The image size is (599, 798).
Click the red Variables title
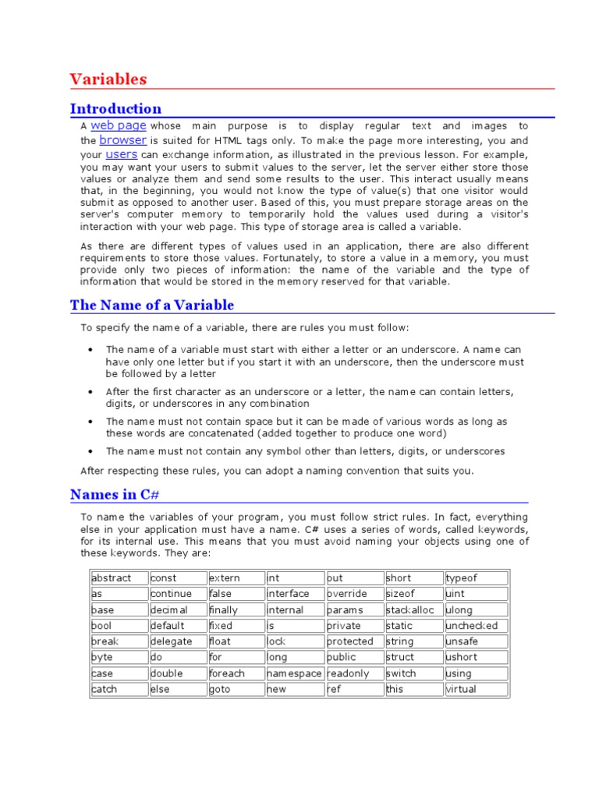click(108, 79)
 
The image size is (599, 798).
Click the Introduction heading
click(115, 109)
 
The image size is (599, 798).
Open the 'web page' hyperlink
click(119, 125)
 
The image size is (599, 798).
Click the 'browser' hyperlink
click(123, 140)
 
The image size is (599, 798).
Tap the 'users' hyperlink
click(122, 155)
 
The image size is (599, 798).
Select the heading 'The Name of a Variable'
click(151, 305)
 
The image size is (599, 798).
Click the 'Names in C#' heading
click(115, 495)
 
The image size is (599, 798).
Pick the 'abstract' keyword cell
click(119, 578)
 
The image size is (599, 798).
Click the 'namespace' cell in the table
click(294, 673)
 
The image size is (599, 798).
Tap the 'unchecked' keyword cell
click(476, 626)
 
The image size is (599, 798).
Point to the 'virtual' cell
click(476, 690)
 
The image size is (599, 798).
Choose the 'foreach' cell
click(236, 673)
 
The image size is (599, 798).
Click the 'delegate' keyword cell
click(177, 641)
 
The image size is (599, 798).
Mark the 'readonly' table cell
click(355, 673)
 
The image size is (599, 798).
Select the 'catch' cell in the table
click(119, 690)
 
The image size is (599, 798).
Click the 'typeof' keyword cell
click(476, 578)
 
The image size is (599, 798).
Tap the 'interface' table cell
click(294, 594)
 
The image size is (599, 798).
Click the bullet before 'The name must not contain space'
click(91, 422)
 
